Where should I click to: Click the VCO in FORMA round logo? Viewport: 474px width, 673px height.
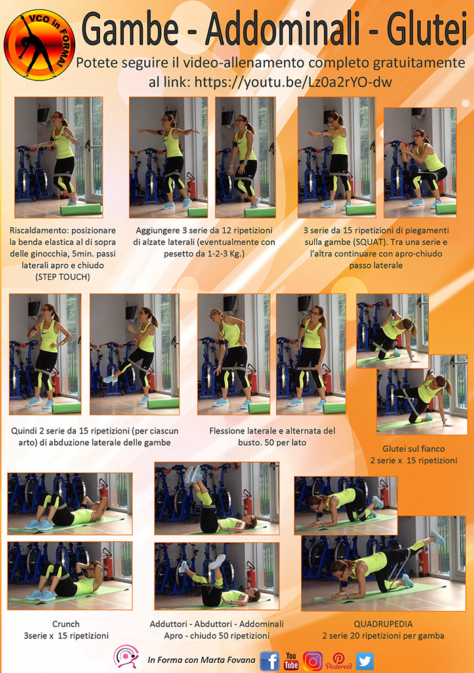point(39,45)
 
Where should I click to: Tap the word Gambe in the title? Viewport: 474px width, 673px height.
point(130,29)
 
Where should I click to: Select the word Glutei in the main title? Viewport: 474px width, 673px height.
point(427,29)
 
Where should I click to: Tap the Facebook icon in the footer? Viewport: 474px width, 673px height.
point(270,661)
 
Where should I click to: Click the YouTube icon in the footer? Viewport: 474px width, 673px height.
point(291,661)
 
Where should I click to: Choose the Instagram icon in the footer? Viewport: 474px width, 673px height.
point(313,661)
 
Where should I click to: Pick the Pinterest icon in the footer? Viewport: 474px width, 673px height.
point(338,661)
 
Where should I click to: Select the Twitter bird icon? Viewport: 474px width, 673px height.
point(364,661)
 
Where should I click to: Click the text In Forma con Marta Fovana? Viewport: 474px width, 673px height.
point(201,659)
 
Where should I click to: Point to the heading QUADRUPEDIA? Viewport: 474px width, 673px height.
point(383,624)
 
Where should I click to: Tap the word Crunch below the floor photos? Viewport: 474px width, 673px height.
point(66,624)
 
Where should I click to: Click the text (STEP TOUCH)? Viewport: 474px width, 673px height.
point(62,277)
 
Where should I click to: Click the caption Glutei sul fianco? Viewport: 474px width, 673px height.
point(414,448)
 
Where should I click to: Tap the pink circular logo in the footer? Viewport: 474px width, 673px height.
point(126,657)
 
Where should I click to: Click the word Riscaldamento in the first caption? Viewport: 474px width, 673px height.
point(37,231)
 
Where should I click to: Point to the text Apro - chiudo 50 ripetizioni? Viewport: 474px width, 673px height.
point(217,635)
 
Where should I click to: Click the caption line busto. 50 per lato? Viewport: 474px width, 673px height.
point(272,442)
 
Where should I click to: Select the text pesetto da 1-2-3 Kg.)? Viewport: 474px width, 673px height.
point(204,254)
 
